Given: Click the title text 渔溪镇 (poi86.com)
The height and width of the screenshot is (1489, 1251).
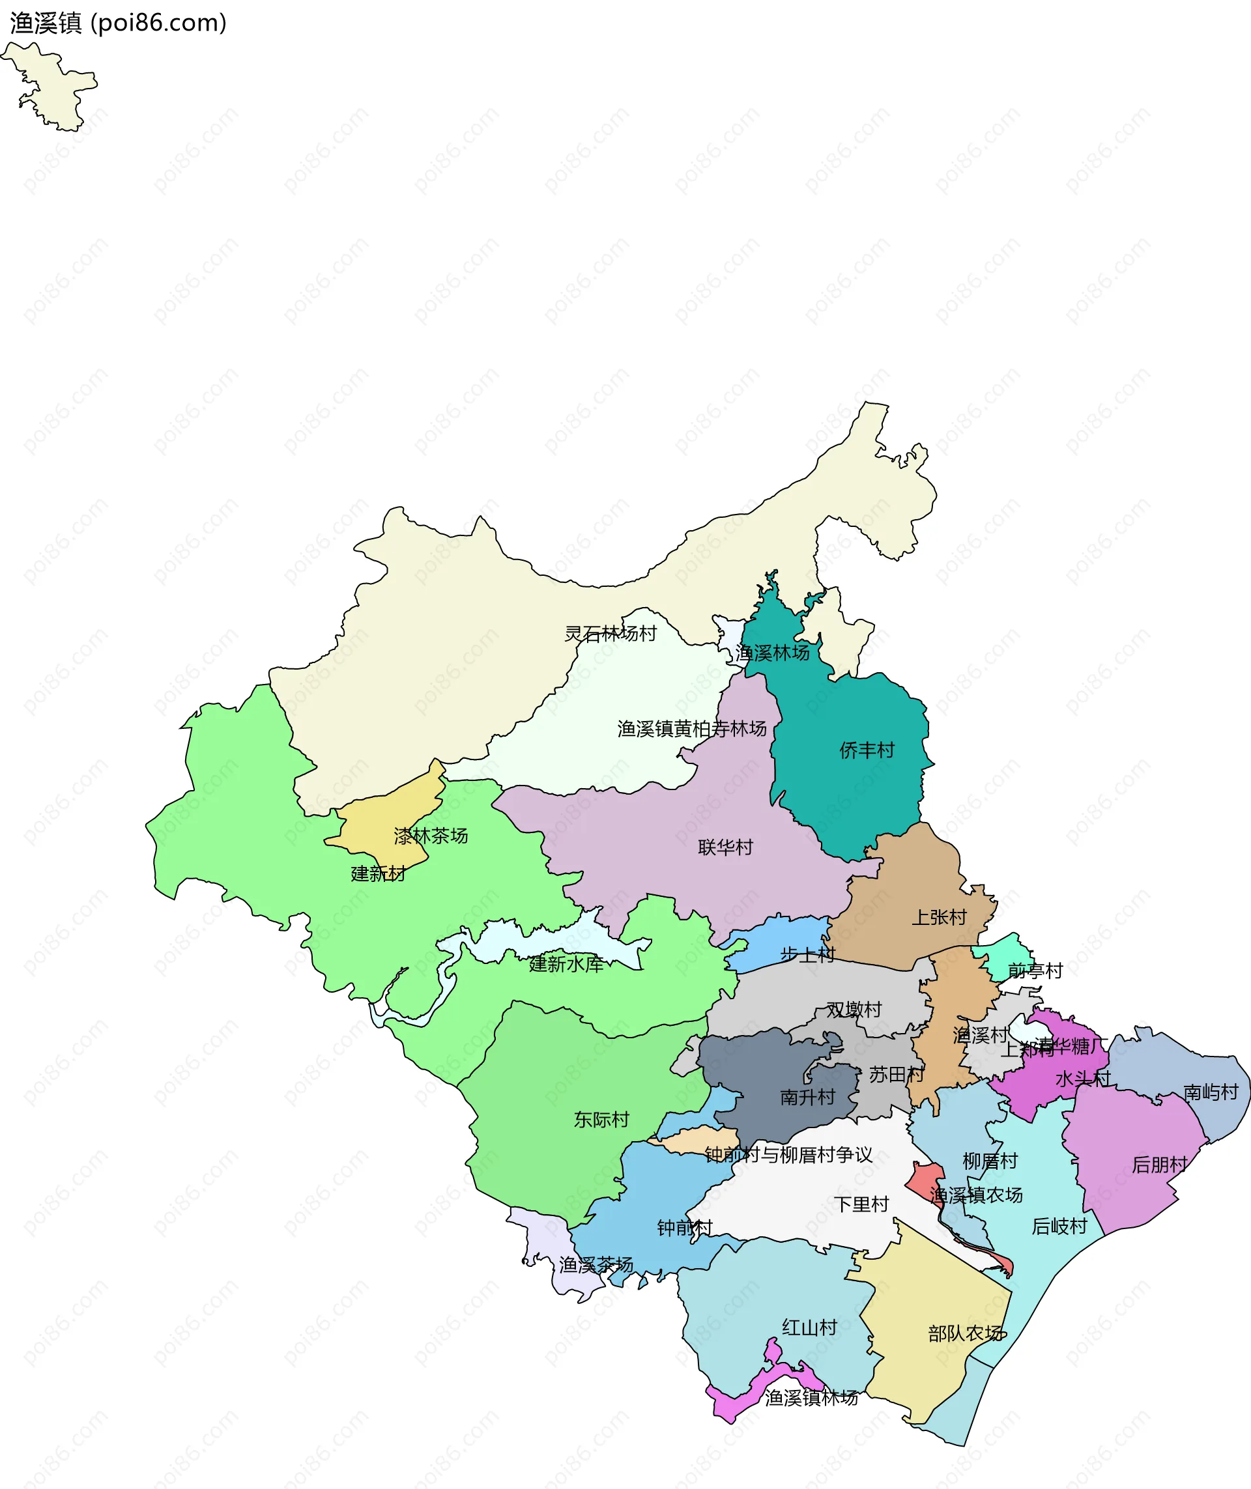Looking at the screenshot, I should (118, 23).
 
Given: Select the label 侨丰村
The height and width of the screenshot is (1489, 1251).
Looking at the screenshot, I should (867, 750).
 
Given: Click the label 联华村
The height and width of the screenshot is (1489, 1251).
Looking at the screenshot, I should (725, 847).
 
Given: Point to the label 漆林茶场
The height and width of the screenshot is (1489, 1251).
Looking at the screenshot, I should (431, 836).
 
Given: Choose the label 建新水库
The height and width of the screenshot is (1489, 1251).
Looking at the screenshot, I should (566, 964).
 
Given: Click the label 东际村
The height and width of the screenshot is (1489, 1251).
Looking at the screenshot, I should (601, 1120).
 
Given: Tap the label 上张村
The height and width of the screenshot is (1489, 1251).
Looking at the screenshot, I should (939, 918).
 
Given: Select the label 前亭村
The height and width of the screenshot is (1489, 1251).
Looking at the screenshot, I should (1035, 971).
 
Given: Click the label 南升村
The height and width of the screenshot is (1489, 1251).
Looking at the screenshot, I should (807, 1098).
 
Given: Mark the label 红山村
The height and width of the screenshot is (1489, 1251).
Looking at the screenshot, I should (809, 1327).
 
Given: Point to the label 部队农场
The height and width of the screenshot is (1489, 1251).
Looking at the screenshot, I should (965, 1334).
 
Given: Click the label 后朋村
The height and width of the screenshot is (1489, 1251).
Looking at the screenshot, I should (1160, 1165).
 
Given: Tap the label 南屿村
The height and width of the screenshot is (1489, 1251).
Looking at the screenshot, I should (1211, 1092).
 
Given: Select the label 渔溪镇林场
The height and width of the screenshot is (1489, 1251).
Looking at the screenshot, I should (811, 1398).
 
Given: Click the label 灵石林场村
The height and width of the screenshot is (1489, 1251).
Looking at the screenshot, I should (610, 634).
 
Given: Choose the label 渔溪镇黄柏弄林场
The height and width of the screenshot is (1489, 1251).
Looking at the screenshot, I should (691, 729).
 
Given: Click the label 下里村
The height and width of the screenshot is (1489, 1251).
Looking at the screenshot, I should (861, 1204).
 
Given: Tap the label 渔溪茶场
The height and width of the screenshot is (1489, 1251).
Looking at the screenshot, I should (596, 1265).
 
